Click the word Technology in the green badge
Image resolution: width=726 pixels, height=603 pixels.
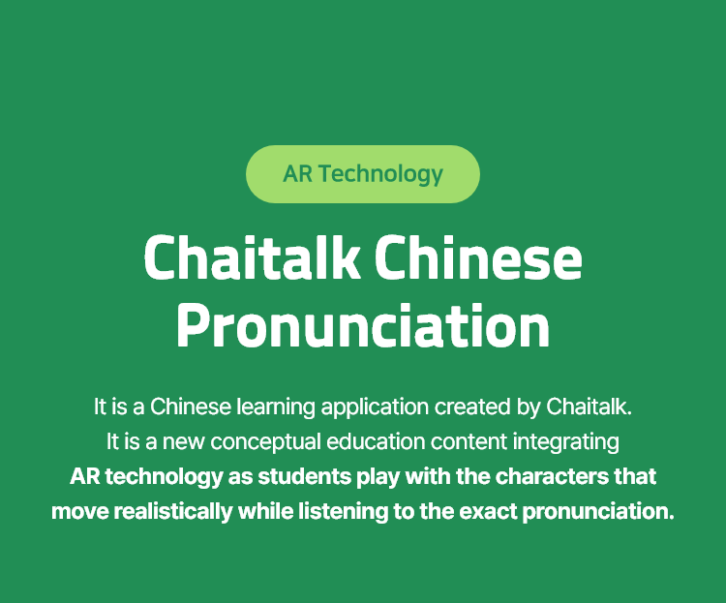tap(380, 174)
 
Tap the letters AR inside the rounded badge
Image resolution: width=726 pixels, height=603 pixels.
tap(298, 174)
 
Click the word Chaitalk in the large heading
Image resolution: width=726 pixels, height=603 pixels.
tap(253, 257)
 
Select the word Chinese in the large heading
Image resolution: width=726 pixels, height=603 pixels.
tap(478, 257)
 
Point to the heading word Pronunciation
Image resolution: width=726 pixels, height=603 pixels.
tap(363, 325)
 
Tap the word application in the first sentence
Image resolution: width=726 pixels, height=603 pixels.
tap(375, 407)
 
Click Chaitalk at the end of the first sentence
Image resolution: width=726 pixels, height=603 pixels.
tap(588, 407)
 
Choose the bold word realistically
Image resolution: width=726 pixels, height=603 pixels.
tap(173, 512)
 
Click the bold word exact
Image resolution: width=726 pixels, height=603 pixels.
tap(488, 512)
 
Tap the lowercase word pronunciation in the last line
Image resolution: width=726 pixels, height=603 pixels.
tap(598, 512)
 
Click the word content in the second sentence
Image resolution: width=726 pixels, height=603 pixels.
tap(469, 441)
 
